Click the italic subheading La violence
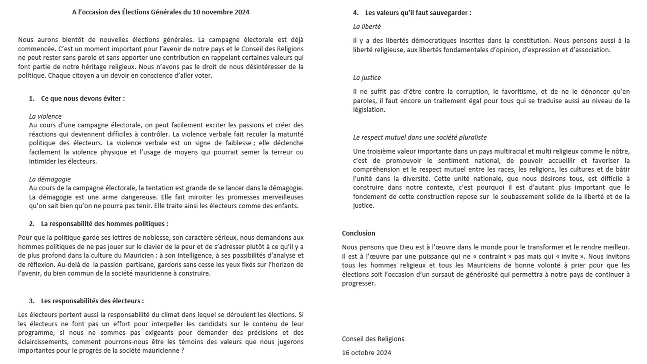point(45,116)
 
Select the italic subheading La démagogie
point(50,179)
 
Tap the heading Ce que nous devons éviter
point(83,98)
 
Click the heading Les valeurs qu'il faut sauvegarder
point(418,13)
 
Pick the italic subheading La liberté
point(367,27)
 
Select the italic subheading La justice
point(367,78)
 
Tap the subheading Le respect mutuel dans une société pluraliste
point(420,137)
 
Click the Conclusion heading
point(358,233)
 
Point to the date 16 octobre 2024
point(366,353)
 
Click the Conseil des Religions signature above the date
point(373,339)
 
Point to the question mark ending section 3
point(183,351)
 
